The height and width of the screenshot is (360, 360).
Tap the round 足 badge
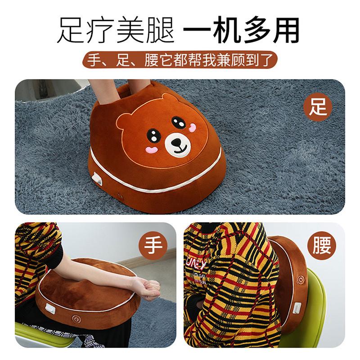318,107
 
